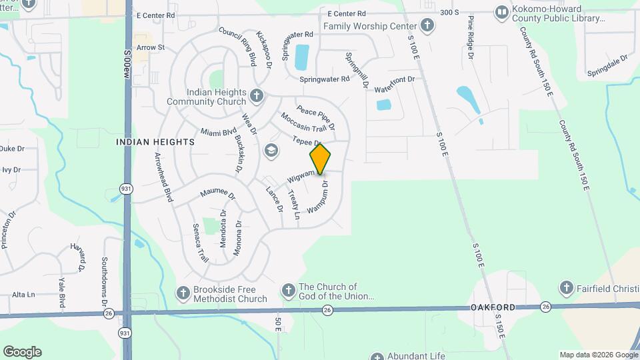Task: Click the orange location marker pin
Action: pyautogui.click(x=320, y=159)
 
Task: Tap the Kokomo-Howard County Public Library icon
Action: pyautogui.click(x=501, y=12)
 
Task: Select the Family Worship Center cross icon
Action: pyautogui.click(x=427, y=26)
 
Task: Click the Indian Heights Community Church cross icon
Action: pyautogui.click(x=256, y=97)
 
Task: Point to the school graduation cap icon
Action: pyautogui.click(x=271, y=150)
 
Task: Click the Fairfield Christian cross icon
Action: pyautogui.click(x=566, y=288)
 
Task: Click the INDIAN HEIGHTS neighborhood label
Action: pyautogui.click(x=155, y=142)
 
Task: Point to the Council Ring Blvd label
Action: pyautogui.click(x=237, y=46)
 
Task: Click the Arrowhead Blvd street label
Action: pyautogui.click(x=163, y=177)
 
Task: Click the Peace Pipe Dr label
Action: pyautogui.click(x=316, y=117)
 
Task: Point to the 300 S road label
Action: pyautogui.click(x=451, y=13)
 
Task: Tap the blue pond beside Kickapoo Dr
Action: pyautogui.click(x=301, y=57)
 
